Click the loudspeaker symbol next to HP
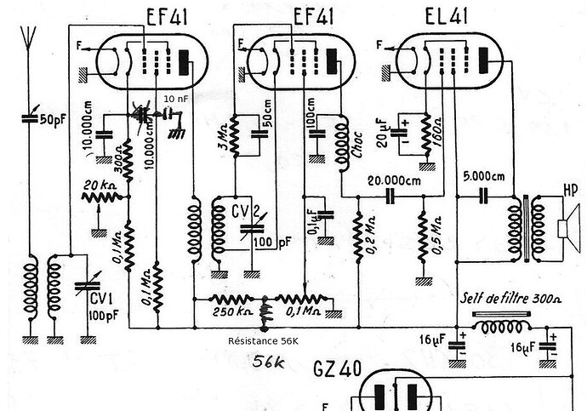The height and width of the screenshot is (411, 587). (x=563, y=228)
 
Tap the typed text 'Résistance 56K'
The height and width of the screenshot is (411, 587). (x=264, y=340)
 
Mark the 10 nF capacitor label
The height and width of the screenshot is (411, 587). (x=176, y=100)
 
